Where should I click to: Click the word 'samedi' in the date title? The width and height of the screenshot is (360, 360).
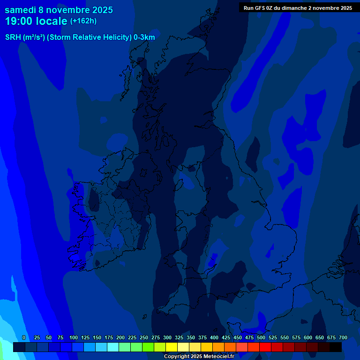pos(21,10)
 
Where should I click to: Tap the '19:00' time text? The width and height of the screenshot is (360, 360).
pos(19,21)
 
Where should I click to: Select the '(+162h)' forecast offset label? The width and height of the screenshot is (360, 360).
pos(83,21)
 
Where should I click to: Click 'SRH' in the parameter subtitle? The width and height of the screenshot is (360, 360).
pos(13,37)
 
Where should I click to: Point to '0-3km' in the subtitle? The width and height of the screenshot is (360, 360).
pos(144,37)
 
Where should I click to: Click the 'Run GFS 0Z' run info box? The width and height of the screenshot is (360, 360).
pos(298,7)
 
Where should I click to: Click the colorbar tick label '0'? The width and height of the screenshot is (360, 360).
pos(24,337)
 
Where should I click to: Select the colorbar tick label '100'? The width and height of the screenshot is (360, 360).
pos(74,337)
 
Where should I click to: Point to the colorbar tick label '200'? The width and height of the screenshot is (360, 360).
pos(120,337)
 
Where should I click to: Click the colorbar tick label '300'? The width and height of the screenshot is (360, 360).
pos(167,337)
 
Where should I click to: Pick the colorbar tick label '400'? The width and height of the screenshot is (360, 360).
pos(214,337)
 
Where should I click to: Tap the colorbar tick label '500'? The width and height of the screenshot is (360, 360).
pos(261,337)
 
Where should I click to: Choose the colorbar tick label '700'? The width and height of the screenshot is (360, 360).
pos(343,337)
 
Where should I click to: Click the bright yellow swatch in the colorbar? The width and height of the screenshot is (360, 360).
pos(172,347)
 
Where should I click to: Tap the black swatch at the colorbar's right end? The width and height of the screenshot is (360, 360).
pos(336,347)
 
